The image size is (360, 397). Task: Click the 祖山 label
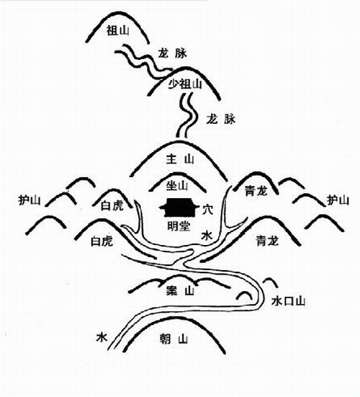coord(118,31)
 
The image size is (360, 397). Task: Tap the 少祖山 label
coord(185,84)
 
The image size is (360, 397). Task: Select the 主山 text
coord(180,159)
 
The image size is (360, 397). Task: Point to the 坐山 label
coord(177,186)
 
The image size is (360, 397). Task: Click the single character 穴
coord(207,210)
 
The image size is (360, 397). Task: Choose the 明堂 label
coord(179,226)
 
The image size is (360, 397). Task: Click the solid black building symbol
coord(179,208)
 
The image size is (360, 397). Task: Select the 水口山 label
coord(288,301)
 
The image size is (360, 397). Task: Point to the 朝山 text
coord(174,339)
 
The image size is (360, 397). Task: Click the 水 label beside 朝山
coord(102,337)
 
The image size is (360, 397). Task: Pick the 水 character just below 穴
coord(207,236)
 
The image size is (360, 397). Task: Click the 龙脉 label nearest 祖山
coord(173,53)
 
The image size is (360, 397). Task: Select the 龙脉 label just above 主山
coord(221,119)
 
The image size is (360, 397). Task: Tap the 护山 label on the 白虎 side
coord(30,200)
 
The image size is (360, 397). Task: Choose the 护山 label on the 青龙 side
coord(338,200)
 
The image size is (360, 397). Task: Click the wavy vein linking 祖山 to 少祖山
coord(143,61)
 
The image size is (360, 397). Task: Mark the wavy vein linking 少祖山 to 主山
coord(187,115)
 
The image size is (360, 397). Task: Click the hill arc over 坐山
coord(178,173)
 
